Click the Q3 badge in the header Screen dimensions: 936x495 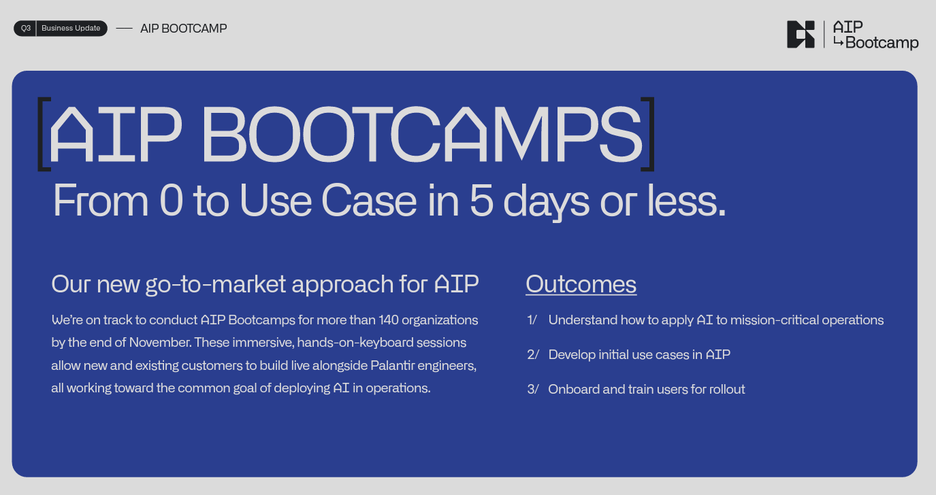(25, 29)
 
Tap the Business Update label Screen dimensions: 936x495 (71, 29)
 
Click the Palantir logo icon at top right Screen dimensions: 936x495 (801, 34)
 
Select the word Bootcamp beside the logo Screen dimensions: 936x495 (882, 43)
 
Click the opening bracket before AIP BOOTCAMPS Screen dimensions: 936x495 (44, 134)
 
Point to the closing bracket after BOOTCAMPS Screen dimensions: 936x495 (648, 134)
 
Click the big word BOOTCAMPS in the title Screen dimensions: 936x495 (422, 134)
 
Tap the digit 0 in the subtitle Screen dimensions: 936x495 (172, 201)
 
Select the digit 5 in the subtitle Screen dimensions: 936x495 (481, 201)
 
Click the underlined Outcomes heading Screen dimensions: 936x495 (581, 285)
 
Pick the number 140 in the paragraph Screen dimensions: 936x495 (389, 320)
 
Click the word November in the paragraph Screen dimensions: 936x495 (160, 343)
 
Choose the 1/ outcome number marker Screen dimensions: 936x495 (532, 320)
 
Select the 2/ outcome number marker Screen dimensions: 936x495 (533, 355)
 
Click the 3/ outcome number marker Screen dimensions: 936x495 (533, 390)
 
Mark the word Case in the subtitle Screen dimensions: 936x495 (369, 201)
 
